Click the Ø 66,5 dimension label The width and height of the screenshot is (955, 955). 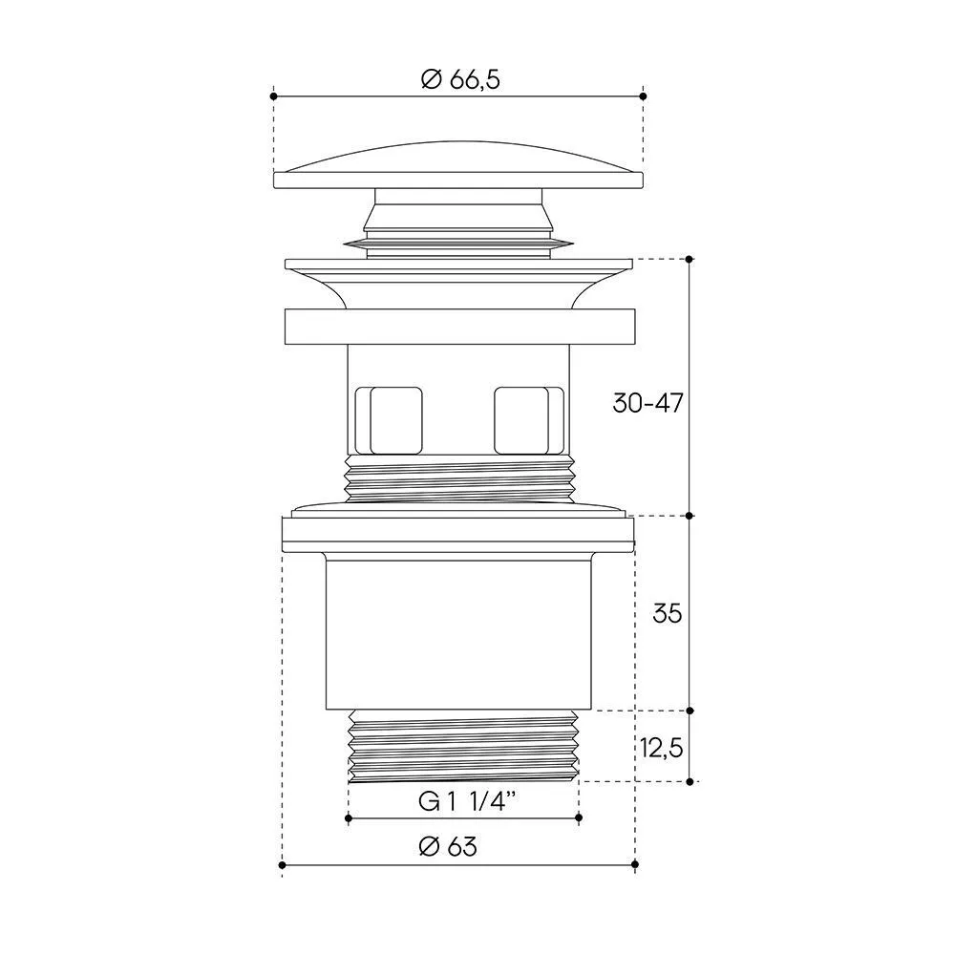460,80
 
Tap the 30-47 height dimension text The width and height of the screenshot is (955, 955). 648,403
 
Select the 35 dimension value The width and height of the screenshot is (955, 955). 667,613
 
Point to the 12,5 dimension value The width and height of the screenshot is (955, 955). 662,748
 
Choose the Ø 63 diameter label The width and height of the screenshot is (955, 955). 448,846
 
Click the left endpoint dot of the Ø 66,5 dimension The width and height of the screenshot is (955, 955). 273,96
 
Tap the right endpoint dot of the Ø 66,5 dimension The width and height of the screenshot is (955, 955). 643,96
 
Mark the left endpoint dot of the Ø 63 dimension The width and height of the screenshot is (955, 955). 282,865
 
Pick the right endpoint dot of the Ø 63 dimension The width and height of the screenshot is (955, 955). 635,864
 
